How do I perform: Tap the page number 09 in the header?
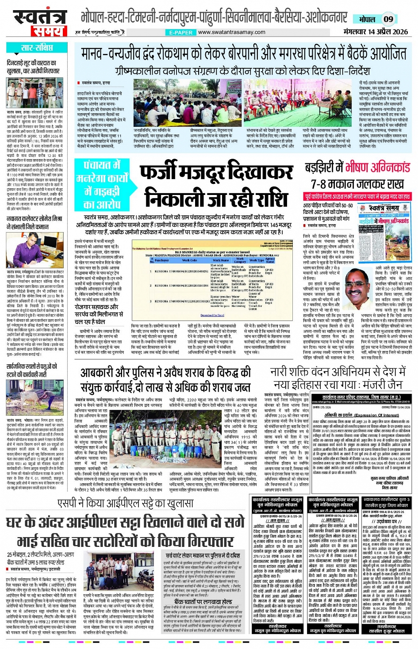point(388,19)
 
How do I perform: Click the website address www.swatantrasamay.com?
point(232,32)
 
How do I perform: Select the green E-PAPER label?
point(181,33)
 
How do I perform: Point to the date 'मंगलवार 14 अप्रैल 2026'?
point(376,32)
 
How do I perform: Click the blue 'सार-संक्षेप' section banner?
point(37,48)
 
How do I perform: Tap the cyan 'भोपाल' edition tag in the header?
point(367,19)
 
